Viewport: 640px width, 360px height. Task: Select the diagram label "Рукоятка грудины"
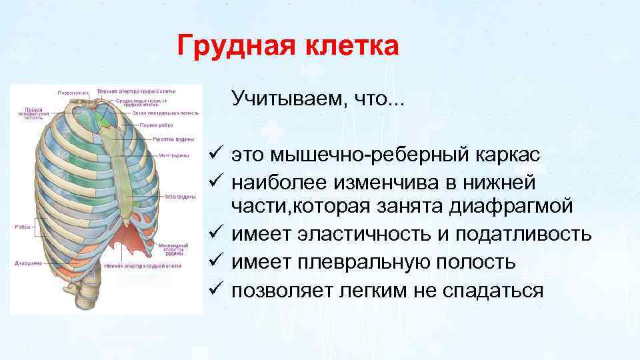[x=173, y=139]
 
